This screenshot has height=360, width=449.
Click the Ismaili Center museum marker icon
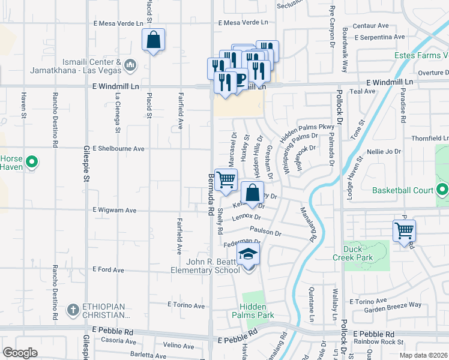tap(131, 64)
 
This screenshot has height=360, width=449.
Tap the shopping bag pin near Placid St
tap(153, 40)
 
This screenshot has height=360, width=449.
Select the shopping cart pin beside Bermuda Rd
tap(226, 180)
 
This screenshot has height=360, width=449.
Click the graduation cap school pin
tap(248, 254)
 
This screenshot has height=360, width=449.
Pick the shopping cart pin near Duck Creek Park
tap(404, 230)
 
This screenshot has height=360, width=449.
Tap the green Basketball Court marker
tap(442, 191)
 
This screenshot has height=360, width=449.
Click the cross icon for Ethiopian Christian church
tap(73, 310)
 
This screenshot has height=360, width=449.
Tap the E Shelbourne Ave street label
tap(119, 148)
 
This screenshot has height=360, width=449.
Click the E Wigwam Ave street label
tap(115, 211)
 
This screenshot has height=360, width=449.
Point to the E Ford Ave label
tap(109, 270)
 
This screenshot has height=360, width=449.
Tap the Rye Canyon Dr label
tap(331, 26)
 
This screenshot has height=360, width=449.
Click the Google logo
tap(20, 353)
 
